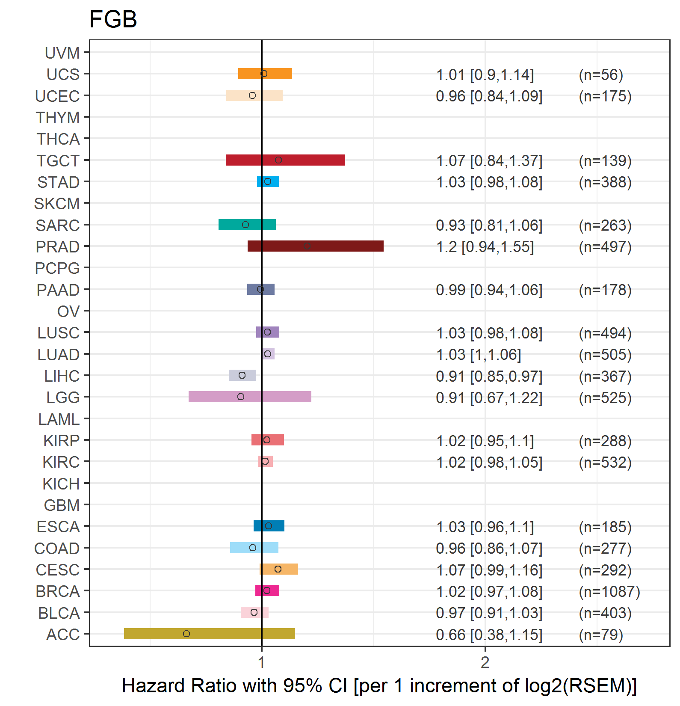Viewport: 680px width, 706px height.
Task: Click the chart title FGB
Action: [113, 19]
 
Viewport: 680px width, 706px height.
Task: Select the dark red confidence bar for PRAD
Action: [316, 246]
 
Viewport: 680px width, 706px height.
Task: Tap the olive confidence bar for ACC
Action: [210, 634]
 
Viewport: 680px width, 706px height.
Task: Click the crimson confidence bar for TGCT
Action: [285, 160]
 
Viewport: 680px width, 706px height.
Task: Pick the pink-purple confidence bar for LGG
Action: [250, 397]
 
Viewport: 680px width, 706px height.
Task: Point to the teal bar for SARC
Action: [247, 225]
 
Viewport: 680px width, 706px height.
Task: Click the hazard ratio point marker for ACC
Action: [186, 634]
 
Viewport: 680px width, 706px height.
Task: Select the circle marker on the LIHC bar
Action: [242, 375]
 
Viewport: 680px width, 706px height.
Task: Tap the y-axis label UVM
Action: [62, 53]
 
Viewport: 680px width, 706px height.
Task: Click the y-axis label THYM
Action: [58, 118]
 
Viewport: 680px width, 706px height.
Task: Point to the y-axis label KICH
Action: [61, 484]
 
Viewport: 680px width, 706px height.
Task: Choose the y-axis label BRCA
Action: [58, 591]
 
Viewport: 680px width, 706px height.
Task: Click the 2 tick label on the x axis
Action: [485, 662]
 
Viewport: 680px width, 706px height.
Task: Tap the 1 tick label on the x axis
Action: [261, 662]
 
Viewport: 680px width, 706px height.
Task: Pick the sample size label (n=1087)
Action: [609, 592]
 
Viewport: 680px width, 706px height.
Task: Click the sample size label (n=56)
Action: [601, 75]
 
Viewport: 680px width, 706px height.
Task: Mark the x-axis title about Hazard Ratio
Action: [379, 685]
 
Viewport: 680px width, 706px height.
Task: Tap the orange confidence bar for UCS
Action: [265, 74]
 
